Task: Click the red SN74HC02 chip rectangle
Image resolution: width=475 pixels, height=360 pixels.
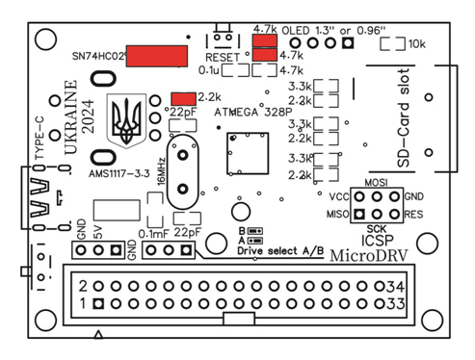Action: tap(157, 56)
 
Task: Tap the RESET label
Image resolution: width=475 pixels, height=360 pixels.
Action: tap(223, 58)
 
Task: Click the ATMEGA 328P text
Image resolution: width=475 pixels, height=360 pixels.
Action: tap(253, 113)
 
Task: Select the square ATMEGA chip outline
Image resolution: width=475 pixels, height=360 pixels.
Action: tap(248, 153)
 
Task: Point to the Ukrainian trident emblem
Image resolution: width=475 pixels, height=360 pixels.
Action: tap(126, 120)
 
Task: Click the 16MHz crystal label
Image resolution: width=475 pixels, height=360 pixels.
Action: tap(161, 171)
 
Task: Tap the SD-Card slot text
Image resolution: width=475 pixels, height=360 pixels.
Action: tap(404, 117)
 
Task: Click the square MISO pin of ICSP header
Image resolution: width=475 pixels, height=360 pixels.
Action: tap(359, 214)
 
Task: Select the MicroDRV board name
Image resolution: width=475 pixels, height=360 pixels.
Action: tap(369, 255)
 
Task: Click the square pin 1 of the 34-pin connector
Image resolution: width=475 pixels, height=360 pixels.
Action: tap(98, 303)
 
